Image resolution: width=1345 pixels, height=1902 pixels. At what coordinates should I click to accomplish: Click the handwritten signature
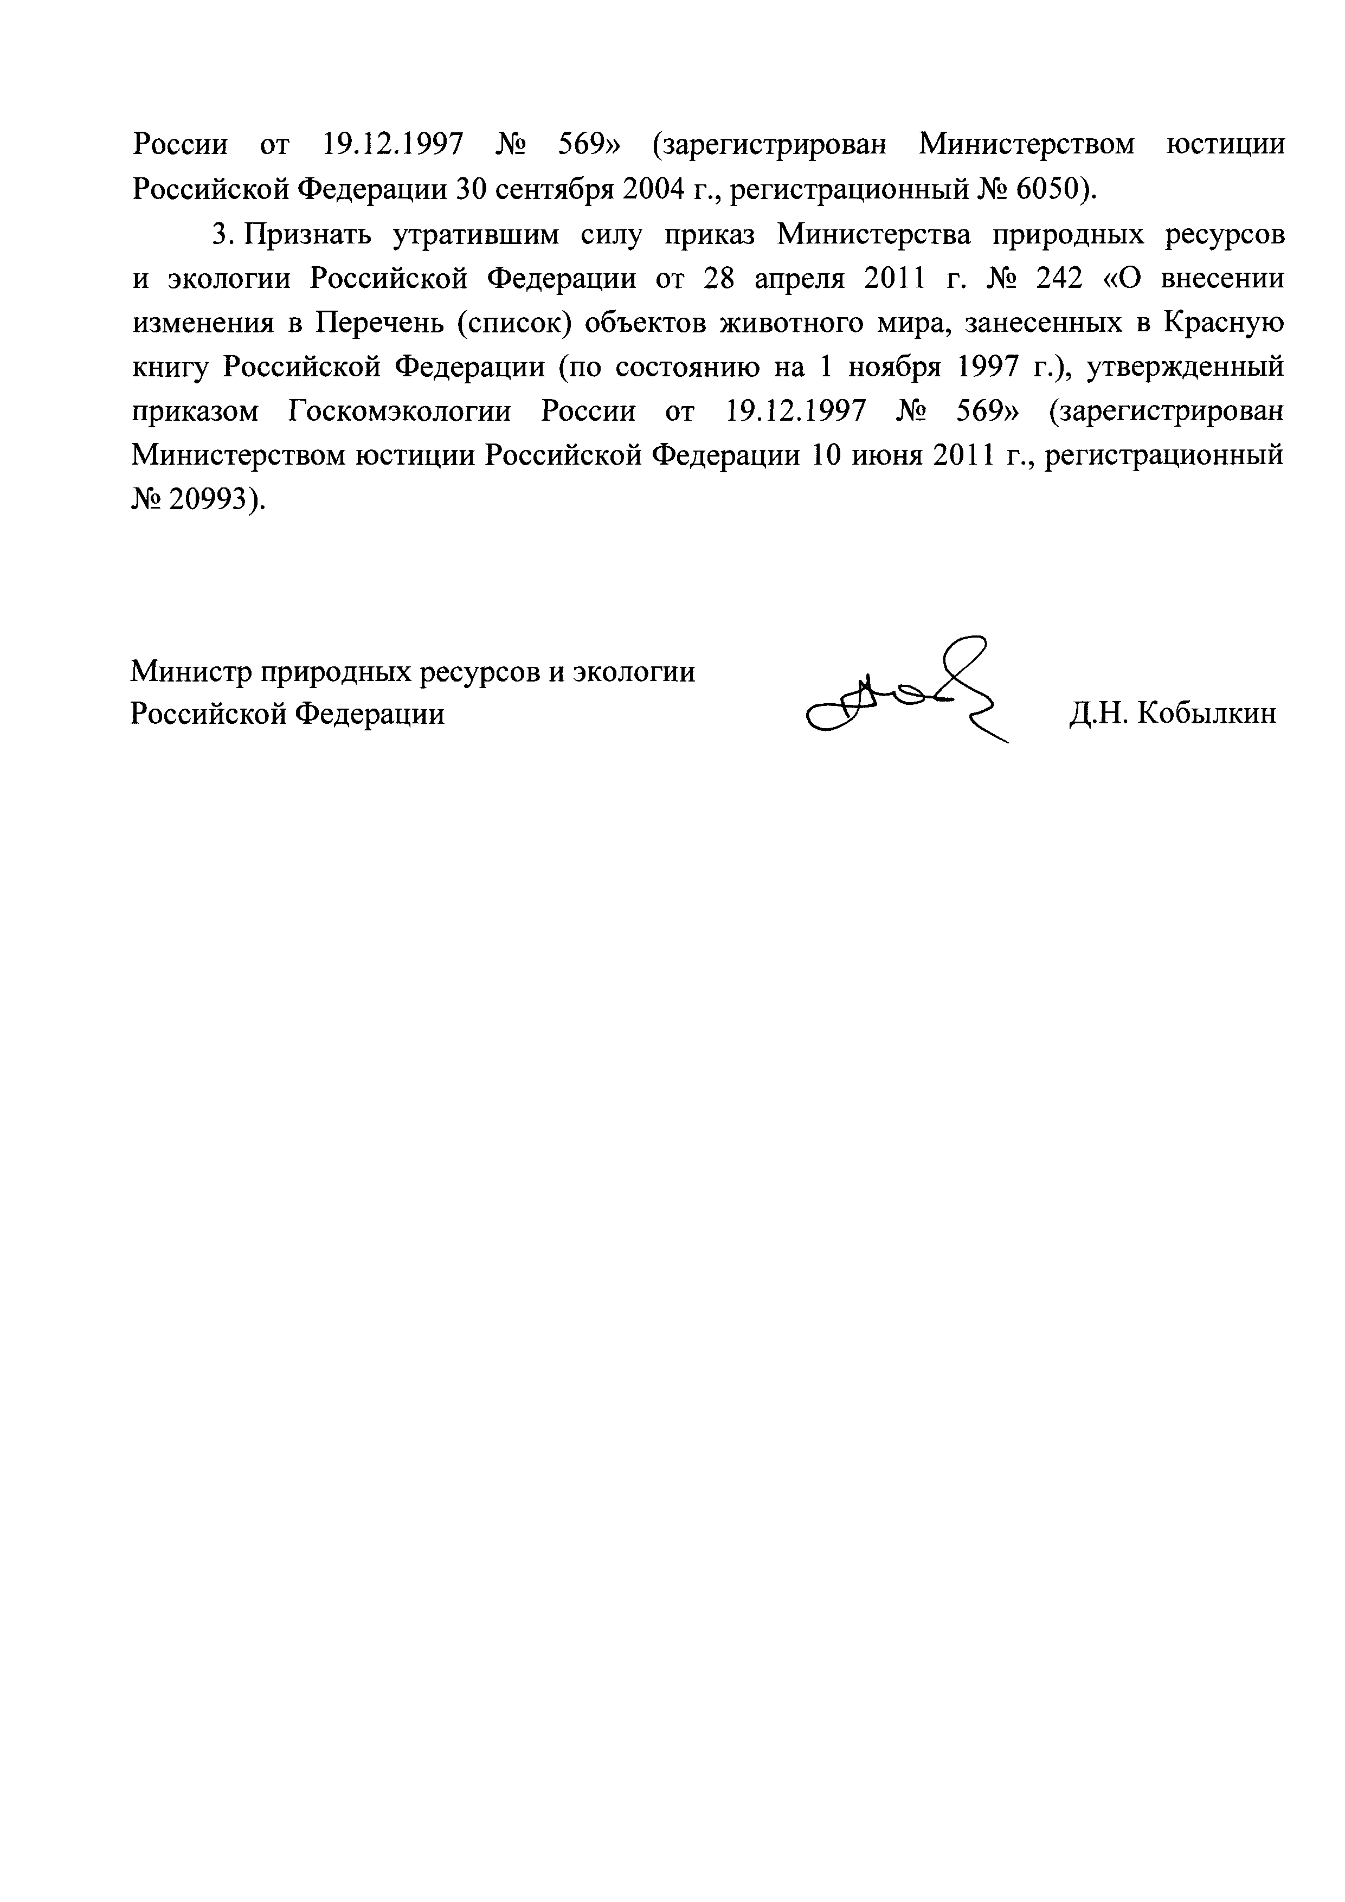point(907,692)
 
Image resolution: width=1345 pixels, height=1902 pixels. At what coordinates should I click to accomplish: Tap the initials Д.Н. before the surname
point(1098,714)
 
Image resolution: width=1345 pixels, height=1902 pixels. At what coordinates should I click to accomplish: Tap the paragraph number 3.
point(220,235)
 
